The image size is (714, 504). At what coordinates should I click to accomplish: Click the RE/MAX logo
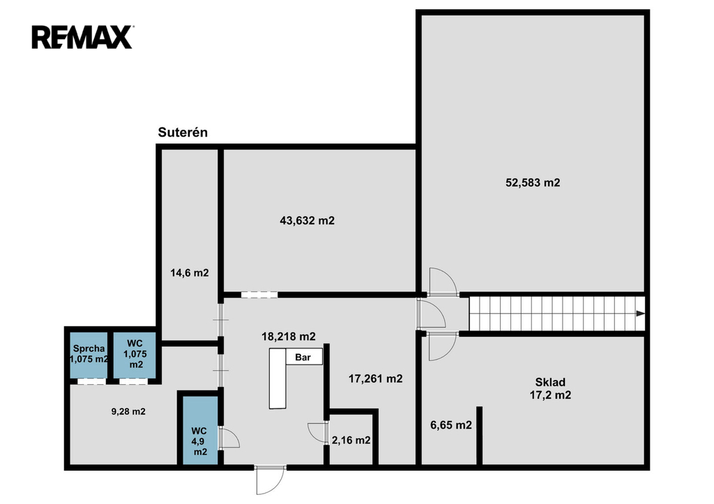(82, 38)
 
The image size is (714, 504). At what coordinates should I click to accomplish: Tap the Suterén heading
(183, 132)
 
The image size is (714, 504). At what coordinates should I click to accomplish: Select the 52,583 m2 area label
(533, 183)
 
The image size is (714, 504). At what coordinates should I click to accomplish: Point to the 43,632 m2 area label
(307, 221)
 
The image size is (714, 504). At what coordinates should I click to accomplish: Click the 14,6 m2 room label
(190, 273)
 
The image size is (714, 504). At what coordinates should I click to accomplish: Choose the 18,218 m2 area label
(288, 337)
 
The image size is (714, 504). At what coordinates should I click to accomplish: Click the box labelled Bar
(304, 356)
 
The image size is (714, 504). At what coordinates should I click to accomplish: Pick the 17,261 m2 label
(375, 379)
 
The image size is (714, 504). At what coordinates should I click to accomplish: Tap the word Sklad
(550, 383)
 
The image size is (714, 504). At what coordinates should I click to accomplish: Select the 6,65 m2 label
(451, 425)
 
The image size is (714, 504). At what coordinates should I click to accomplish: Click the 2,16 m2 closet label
(351, 441)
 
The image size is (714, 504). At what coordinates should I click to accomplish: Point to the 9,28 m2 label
(128, 411)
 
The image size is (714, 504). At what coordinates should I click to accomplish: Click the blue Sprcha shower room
(89, 355)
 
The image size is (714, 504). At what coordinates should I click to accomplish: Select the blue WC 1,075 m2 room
(135, 355)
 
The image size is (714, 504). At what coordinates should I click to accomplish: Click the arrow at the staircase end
(640, 313)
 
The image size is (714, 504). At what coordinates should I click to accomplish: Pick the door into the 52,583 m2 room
(443, 282)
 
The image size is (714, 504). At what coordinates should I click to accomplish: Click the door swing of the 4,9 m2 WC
(229, 438)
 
